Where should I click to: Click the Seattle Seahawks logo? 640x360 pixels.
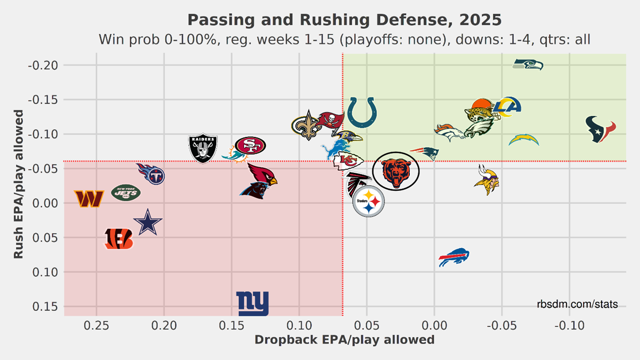pos(528,65)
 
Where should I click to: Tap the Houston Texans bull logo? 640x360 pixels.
pos(601,129)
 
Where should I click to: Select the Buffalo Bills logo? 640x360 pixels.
pos(454,257)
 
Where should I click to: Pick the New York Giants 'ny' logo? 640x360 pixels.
pos(252,304)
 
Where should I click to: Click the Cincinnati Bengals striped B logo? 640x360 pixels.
pos(118,239)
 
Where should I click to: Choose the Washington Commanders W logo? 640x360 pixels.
pos(89,198)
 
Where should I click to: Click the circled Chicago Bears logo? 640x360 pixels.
pos(395,171)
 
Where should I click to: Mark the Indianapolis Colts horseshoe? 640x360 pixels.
pos(362,113)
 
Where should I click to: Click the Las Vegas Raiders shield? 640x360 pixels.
pos(203,148)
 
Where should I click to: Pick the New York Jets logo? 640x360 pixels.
pos(126,193)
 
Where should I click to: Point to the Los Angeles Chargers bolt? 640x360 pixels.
pos(524,139)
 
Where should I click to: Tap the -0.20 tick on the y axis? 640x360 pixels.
pos(44,65)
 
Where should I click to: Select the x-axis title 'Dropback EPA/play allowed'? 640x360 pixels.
pos(344,340)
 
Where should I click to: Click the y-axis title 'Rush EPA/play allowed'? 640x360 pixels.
pos(18,184)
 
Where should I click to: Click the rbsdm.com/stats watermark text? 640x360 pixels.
pos(577,305)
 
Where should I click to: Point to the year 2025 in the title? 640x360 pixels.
pos(481,21)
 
